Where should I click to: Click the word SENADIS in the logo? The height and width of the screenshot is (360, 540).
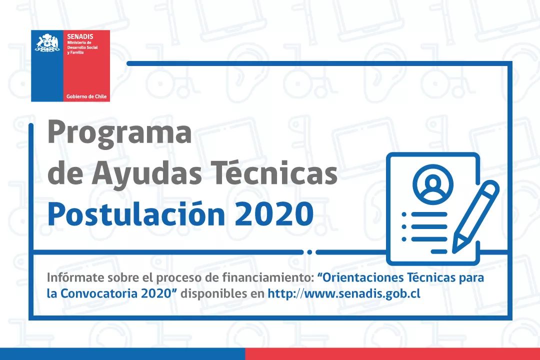[x=80, y=36]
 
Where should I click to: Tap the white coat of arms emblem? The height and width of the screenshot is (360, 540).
[x=47, y=43]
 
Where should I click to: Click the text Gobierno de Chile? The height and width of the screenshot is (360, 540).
[x=86, y=96]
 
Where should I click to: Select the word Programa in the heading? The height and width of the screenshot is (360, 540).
[x=119, y=133]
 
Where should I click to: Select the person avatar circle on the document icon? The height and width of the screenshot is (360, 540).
[x=433, y=184]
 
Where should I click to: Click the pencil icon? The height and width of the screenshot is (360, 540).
[x=475, y=216]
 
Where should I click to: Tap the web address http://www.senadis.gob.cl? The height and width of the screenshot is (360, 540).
[x=344, y=294]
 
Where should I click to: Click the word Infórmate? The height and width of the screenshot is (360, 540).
[x=75, y=277]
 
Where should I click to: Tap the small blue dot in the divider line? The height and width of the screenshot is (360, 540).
[x=309, y=252]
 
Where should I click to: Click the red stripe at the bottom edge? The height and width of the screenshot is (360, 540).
[x=392, y=354]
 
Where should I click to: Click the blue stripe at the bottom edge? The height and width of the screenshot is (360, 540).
[x=122, y=354]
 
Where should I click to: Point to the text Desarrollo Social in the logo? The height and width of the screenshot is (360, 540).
[x=82, y=47]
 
